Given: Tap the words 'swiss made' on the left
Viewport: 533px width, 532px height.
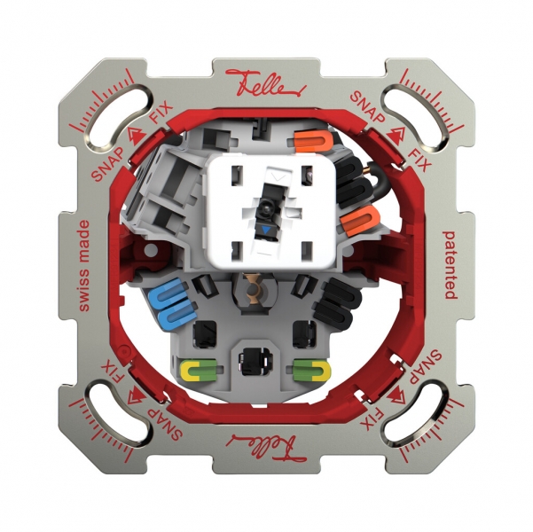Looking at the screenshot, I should coord(82,265).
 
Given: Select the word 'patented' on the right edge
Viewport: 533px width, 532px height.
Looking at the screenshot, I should coord(451,265).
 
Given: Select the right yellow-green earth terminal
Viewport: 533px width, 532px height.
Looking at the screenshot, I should coord(310,368).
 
